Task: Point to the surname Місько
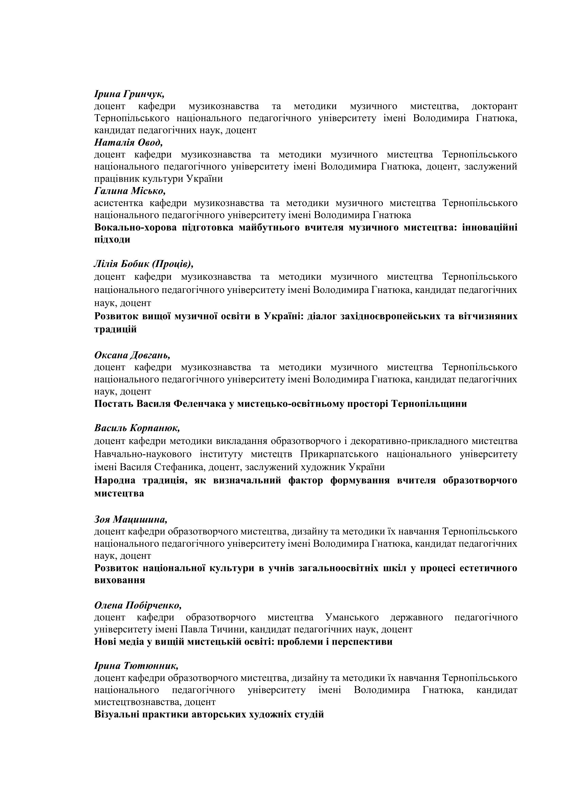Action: pyautogui.click(x=148, y=191)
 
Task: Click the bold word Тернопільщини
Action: pyautogui.click(x=429, y=404)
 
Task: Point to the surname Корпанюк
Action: pyautogui.click(x=155, y=428)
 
